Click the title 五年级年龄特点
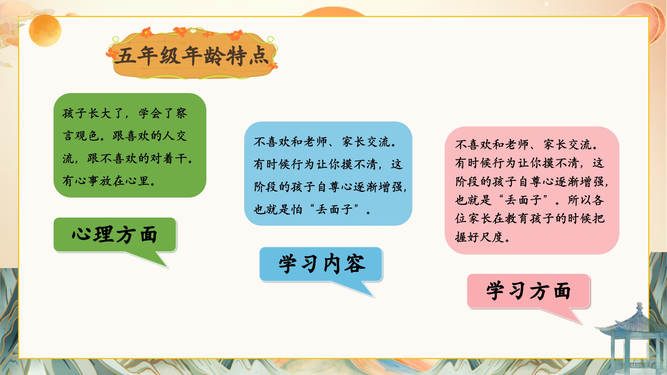click(x=192, y=56)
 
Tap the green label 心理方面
click(x=115, y=234)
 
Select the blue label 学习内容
click(x=322, y=264)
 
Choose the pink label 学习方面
click(x=528, y=291)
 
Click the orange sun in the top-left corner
click(x=45, y=30)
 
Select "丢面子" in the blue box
click(x=334, y=209)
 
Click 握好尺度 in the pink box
click(x=479, y=237)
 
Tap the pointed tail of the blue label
click(x=373, y=297)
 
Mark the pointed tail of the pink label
click(x=581, y=323)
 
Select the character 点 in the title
click(x=259, y=56)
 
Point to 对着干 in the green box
click(x=170, y=158)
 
